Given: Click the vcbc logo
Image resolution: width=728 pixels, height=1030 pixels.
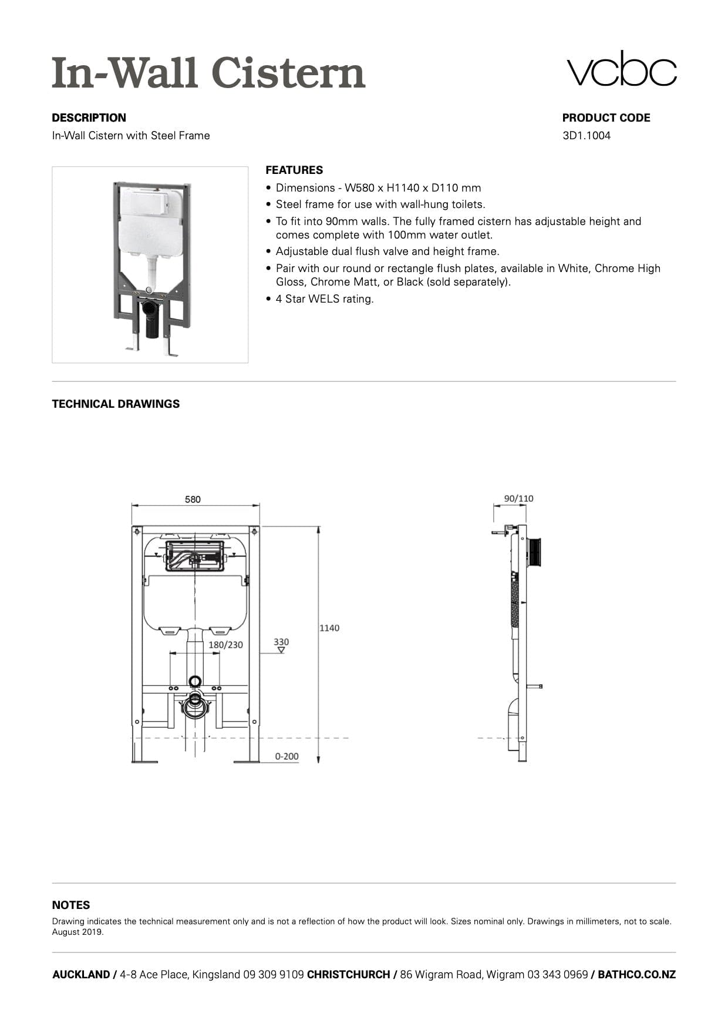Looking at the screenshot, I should tap(621, 69).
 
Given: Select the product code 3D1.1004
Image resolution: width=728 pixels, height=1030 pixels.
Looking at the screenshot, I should tap(586, 136).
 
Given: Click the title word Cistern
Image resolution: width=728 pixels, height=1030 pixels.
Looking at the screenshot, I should tap(288, 73).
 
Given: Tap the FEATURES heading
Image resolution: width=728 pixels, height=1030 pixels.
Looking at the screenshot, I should tap(294, 170).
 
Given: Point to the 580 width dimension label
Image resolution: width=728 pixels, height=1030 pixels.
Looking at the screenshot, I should tap(193, 499).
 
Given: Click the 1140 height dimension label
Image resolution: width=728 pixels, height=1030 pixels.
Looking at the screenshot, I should tap(329, 628).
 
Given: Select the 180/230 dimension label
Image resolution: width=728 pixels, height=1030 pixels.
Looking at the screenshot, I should tap(225, 645).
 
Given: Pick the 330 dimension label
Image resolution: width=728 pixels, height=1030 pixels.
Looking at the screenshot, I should tap(281, 642).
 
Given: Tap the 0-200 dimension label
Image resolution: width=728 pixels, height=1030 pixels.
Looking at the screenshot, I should tap(287, 756).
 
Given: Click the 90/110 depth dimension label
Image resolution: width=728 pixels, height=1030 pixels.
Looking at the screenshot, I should tap(518, 499).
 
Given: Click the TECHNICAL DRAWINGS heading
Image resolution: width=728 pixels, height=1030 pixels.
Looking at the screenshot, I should tap(116, 404).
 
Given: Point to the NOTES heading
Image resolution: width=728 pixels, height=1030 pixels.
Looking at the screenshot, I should tap(71, 905).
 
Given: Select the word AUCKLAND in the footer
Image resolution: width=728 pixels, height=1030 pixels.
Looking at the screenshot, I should tap(80, 975).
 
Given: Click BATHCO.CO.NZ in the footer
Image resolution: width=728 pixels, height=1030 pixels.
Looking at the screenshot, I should tap(636, 975).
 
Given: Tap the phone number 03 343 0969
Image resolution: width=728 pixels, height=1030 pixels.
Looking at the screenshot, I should tap(557, 975).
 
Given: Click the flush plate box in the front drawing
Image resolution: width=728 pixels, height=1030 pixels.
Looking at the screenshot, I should tap(194, 556).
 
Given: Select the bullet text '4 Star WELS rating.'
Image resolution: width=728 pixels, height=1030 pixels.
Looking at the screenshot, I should tap(325, 299).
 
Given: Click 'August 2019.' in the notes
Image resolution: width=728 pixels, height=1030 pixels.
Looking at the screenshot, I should tap(78, 932).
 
